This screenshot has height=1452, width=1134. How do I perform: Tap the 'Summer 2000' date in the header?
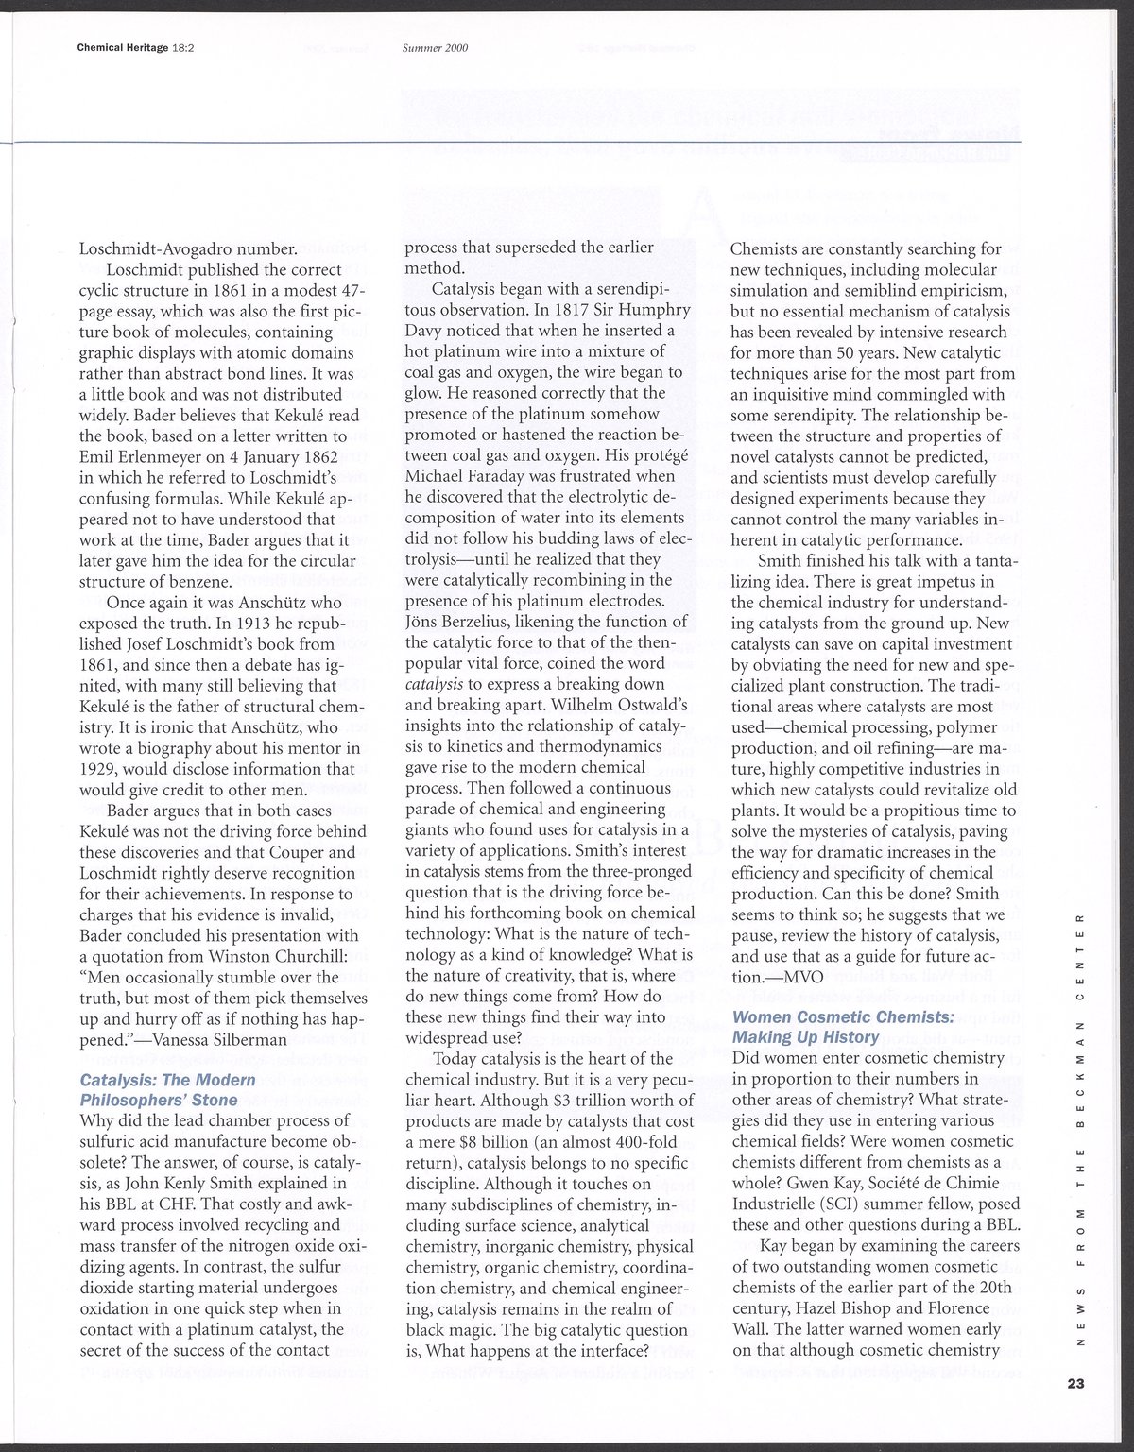(435, 48)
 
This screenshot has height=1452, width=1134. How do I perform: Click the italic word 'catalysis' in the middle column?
(433, 684)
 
